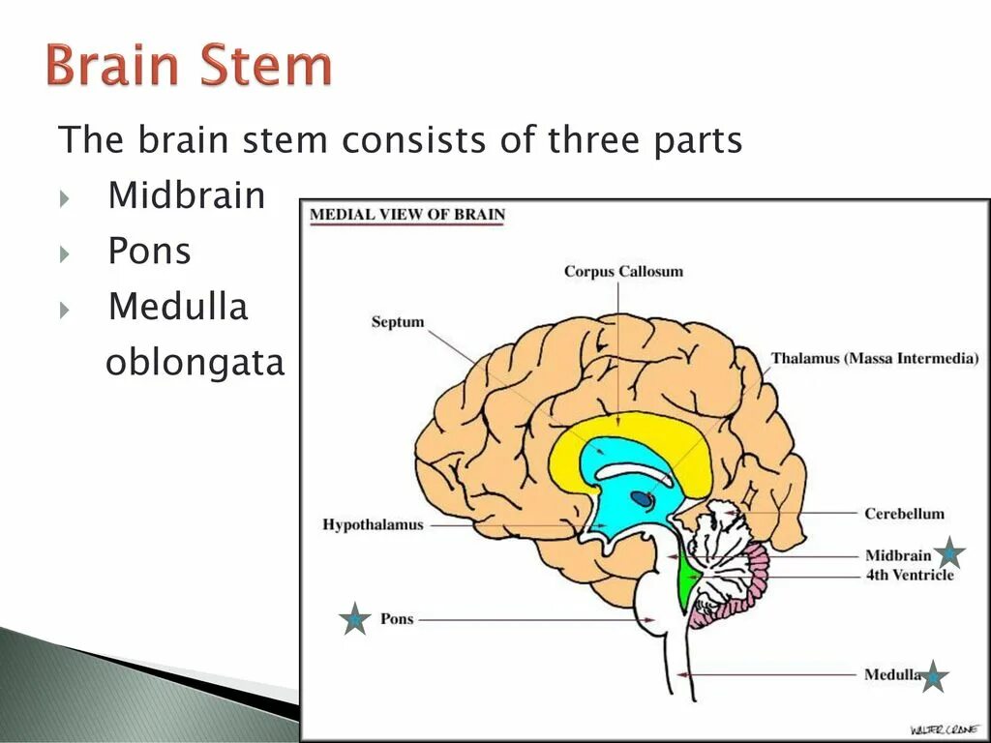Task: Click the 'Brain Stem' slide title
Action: (x=189, y=68)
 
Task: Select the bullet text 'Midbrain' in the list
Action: (x=187, y=195)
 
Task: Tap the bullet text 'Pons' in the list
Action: (x=149, y=252)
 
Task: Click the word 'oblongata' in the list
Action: (x=195, y=363)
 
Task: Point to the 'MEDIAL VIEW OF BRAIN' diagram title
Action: (x=407, y=215)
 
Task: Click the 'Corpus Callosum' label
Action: (x=623, y=271)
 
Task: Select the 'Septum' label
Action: (x=398, y=321)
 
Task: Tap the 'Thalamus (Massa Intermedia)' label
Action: (x=875, y=358)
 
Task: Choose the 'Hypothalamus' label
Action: (x=373, y=524)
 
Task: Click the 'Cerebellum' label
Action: (x=904, y=514)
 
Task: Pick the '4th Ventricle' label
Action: (x=909, y=575)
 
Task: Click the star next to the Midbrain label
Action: (x=949, y=553)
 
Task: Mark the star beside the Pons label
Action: (x=355, y=619)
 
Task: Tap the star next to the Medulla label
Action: (x=933, y=677)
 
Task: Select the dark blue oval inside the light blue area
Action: (x=642, y=499)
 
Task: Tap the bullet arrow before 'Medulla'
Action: (x=65, y=310)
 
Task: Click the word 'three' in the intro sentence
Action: (x=586, y=140)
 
